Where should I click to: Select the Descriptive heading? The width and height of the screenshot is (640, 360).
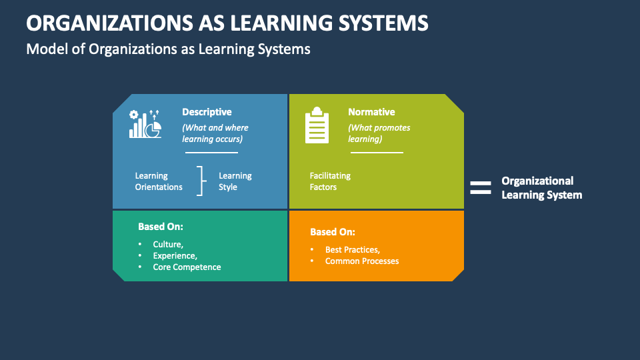207,112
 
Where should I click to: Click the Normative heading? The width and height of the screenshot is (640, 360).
371,112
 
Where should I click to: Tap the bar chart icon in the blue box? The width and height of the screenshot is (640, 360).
145,124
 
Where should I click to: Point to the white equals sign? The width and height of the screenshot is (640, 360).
480,188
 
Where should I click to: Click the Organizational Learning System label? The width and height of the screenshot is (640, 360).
541,188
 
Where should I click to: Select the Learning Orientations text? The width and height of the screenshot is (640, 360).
159,181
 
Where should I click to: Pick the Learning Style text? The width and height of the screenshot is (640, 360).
235,181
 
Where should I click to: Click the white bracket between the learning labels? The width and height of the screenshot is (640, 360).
200,181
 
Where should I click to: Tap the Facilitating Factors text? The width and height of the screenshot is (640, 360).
330,181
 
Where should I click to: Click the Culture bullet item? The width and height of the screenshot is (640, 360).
168,245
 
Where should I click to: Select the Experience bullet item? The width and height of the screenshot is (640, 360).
175,256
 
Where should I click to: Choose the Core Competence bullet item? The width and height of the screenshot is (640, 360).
187,267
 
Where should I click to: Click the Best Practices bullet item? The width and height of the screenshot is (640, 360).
353,250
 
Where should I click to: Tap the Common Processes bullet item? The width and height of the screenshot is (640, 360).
362,261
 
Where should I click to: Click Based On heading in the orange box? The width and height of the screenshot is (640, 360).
332,232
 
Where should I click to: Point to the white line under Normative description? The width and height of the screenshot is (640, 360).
377,153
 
